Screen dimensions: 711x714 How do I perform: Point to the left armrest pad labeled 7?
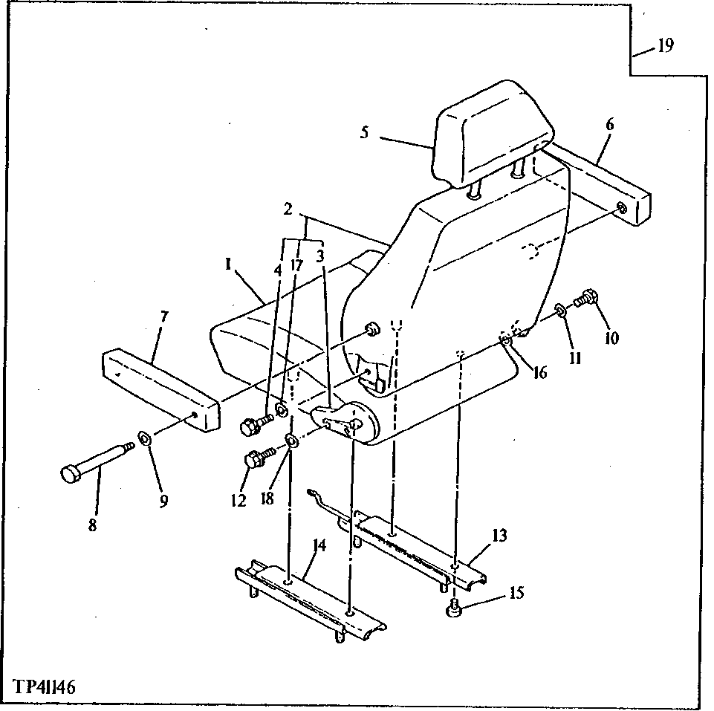click(x=160, y=390)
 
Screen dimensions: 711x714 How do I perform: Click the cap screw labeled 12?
click(x=257, y=459)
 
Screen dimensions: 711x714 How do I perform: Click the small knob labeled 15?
click(x=453, y=610)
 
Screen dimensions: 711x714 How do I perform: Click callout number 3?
click(x=319, y=256)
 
